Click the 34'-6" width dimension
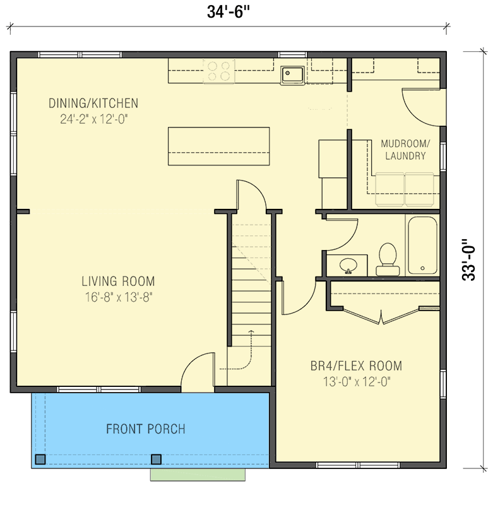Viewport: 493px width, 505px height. [x=229, y=13]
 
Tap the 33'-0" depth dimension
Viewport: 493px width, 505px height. [x=468, y=260]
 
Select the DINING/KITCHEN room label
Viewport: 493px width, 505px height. [x=93, y=104]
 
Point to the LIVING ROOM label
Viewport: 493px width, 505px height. [x=118, y=281]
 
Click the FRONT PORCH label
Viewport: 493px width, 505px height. [x=146, y=429]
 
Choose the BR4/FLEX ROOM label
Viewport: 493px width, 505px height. [x=357, y=366]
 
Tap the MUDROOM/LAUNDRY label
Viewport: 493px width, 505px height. [x=405, y=150]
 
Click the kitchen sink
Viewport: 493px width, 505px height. [x=292, y=75]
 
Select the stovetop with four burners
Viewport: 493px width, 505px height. [x=219, y=71]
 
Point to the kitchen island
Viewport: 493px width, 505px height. [x=219, y=146]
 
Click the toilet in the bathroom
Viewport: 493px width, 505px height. [x=388, y=259]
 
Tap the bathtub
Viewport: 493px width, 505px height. [x=422, y=246]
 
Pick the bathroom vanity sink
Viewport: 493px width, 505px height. [x=348, y=266]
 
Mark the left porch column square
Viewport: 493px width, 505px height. [x=40, y=460]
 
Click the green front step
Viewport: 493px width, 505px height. [x=198, y=475]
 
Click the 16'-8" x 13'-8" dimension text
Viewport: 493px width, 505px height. [x=119, y=297]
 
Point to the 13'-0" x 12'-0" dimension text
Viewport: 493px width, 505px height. [x=357, y=382]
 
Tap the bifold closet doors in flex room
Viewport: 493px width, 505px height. [x=381, y=317]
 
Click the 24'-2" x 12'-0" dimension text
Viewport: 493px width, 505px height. [x=94, y=119]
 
